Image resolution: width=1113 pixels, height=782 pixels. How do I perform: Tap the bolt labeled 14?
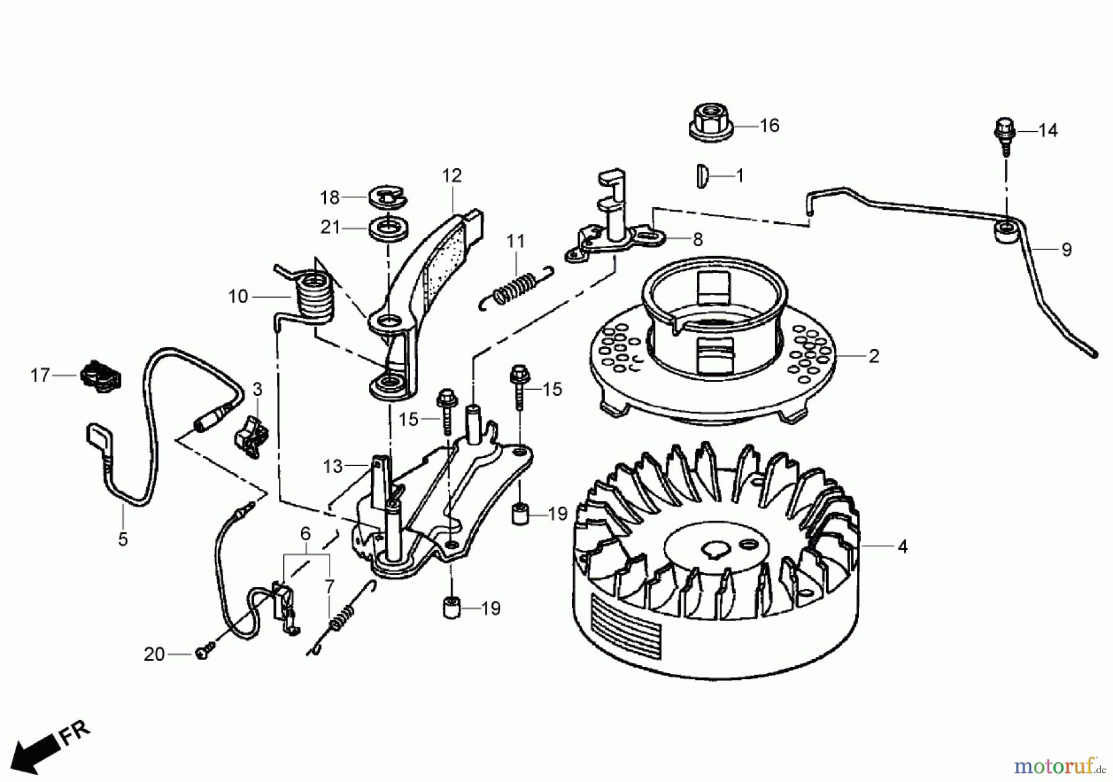pos(1002,135)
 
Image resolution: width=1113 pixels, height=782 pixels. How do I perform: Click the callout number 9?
pos(1066,250)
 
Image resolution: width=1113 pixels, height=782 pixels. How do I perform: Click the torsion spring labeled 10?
pos(312,296)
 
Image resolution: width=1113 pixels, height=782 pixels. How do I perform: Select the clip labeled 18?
pos(387,197)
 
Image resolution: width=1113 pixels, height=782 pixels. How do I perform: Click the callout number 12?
pos(451,176)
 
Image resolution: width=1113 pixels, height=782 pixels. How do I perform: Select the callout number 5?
pos(123,539)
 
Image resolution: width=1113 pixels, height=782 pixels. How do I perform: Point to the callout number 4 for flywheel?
pos(902,547)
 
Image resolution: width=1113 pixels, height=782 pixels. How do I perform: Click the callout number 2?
pos(873,356)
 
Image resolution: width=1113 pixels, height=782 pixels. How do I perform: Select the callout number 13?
pos(333,466)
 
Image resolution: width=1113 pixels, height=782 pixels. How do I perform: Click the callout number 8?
pos(697,239)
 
